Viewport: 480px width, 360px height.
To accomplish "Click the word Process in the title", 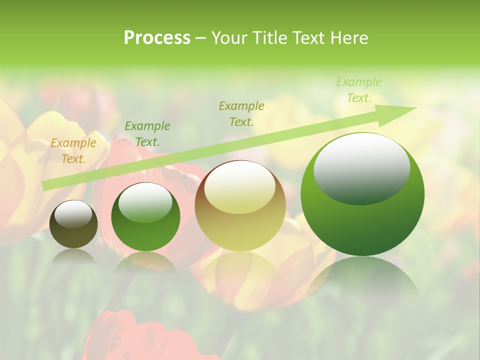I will [x=157, y=38].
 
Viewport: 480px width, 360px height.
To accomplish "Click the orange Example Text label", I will [x=73, y=151].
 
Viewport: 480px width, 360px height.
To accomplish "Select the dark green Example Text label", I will [x=147, y=133].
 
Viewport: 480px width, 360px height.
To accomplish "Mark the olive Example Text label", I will [x=241, y=113].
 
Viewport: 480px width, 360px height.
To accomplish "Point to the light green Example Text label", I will [x=358, y=90].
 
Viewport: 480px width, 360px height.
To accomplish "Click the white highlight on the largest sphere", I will [x=361, y=167].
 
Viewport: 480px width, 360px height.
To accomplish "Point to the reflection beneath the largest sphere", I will [x=362, y=280].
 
